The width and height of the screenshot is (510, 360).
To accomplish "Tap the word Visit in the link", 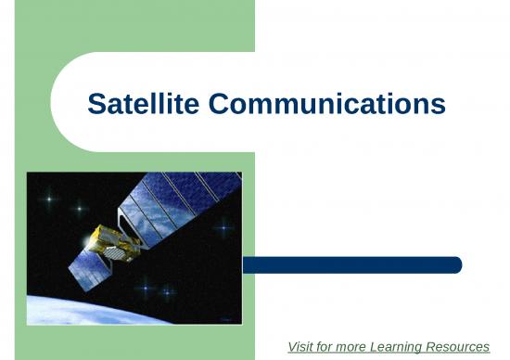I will [x=301, y=347].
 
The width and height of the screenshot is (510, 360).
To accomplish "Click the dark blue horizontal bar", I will [x=351, y=265].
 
